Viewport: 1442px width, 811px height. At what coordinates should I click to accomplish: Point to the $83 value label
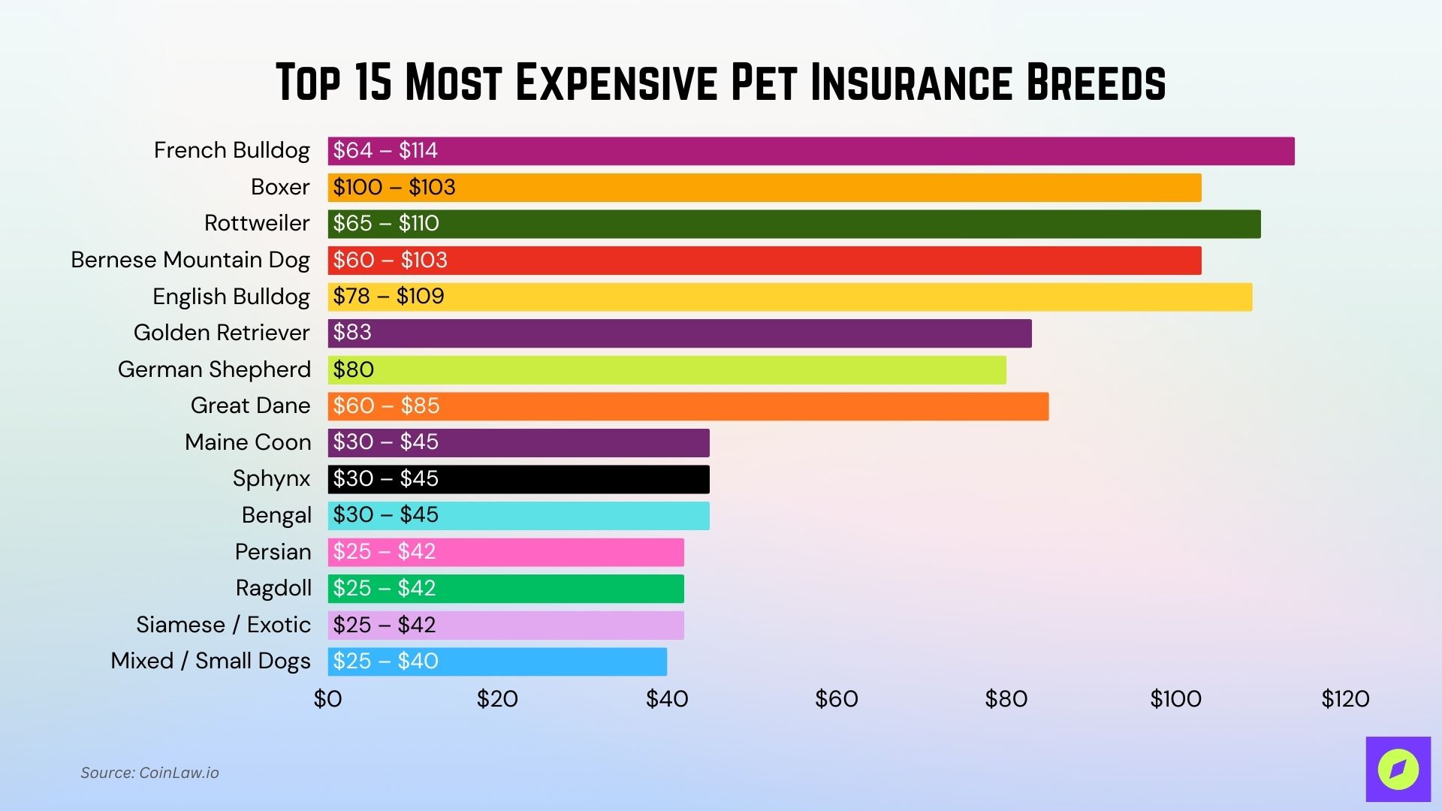(352, 333)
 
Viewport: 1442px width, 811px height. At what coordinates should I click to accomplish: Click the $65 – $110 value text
(386, 224)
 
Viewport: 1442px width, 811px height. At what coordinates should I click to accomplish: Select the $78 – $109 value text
(388, 297)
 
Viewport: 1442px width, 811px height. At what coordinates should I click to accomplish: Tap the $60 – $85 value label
(386, 406)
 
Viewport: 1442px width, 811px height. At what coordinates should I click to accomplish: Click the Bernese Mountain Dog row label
(190, 260)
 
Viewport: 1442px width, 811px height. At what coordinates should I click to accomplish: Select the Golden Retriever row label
(222, 333)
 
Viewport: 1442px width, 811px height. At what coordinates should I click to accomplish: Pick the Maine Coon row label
(248, 442)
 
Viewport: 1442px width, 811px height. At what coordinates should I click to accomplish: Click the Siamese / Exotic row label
(223, 625)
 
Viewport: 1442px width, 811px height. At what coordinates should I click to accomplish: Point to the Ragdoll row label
(273, 588)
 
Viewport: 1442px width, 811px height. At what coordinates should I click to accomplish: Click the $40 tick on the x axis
(667, 699)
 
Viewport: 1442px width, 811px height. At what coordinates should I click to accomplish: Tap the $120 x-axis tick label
(1345, 699)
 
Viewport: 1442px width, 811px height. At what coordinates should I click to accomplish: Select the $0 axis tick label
(327, 699)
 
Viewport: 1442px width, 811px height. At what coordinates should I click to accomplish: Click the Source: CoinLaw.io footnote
(149, 773)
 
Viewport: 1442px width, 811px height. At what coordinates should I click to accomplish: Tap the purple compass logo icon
(1398, 769)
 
